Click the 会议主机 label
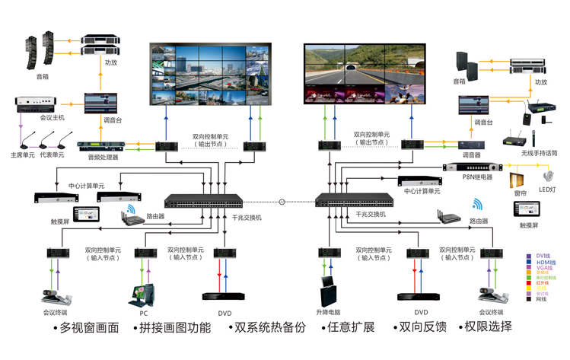click(x=31, y=118)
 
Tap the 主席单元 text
click(x=23, y=155)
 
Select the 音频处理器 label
click(x=103, y=157)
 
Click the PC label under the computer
click(x=143, y=312)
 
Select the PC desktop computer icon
click(x=144, y=293)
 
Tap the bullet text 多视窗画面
click(x=88, y=328)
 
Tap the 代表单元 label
click(x=52, y=155)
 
